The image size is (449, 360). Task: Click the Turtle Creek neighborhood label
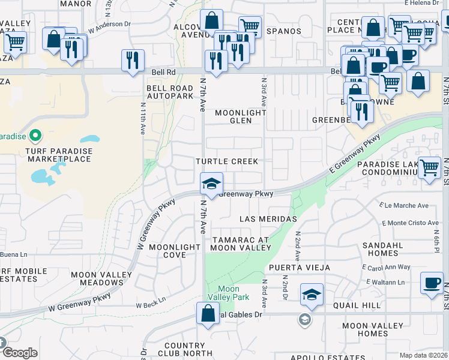(226, 162)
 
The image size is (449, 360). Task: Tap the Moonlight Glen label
(240, 116)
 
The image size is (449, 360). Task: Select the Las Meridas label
(268, 219)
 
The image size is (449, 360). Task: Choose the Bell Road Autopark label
(170, 92)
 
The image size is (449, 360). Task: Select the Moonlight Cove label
(174, 251)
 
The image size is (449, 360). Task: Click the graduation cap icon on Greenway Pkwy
(211, 184)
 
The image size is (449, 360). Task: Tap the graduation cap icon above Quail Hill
(312, 295)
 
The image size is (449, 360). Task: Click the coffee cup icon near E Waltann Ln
(432, 283)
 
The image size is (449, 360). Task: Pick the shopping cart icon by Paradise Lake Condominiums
(429, 168)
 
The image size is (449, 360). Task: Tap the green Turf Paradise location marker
(35, 135)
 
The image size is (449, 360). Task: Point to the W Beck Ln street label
(150, 305)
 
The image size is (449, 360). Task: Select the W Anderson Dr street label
(109, 28)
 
